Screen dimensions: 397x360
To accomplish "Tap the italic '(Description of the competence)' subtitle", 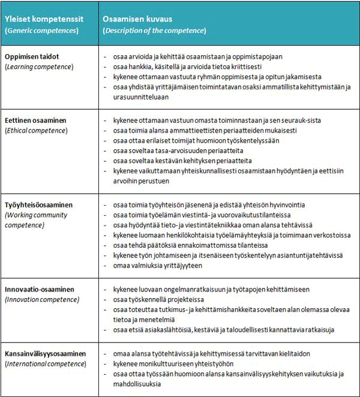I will (x=152, y=30).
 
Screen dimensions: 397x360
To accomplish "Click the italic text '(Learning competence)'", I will (x=39, y=67).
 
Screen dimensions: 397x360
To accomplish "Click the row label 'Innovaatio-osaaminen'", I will (x=41, y=289).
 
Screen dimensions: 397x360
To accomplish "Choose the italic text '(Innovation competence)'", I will (x=42, y=299).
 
